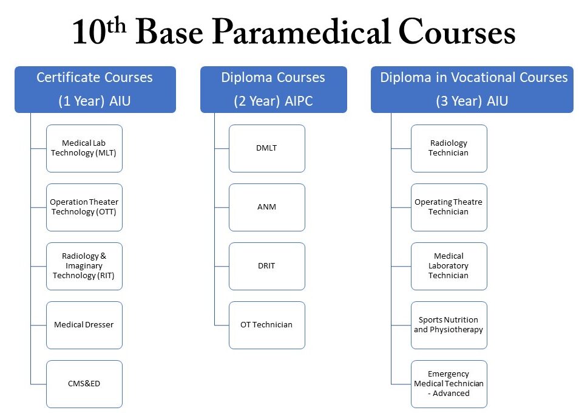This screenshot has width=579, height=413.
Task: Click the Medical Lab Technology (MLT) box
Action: (84, 148)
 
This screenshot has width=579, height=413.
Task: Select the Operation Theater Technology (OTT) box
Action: (84, 207)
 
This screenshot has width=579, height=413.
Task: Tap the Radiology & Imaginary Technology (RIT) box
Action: (84, 266)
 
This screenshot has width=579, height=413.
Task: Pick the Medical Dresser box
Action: (84, 325)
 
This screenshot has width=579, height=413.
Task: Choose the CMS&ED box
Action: (84, 384)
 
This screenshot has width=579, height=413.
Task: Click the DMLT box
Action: (267, 148)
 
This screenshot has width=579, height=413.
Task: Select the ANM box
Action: (267, 207)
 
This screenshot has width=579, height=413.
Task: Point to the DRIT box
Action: (267, 266)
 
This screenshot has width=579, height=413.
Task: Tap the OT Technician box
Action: (267, 325)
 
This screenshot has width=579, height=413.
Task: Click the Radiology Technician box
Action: (449, 148)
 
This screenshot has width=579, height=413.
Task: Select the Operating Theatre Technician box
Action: (449, 207)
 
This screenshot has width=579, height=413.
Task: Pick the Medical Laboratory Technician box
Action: (449, 266)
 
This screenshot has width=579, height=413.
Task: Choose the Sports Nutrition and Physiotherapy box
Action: (449, 325)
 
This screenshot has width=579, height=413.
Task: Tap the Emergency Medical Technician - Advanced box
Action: (449, 384)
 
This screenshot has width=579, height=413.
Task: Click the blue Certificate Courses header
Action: (95, 89)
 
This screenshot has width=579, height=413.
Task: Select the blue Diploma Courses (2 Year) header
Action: (274, 89)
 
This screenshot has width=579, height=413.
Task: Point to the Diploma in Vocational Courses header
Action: (472, 89)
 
